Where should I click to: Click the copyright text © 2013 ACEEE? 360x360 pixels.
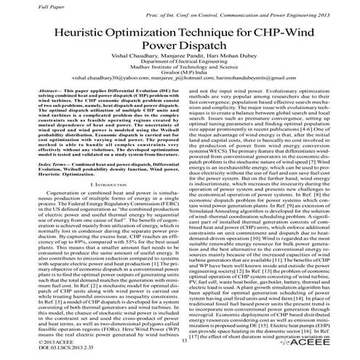click(x=29, y=340)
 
